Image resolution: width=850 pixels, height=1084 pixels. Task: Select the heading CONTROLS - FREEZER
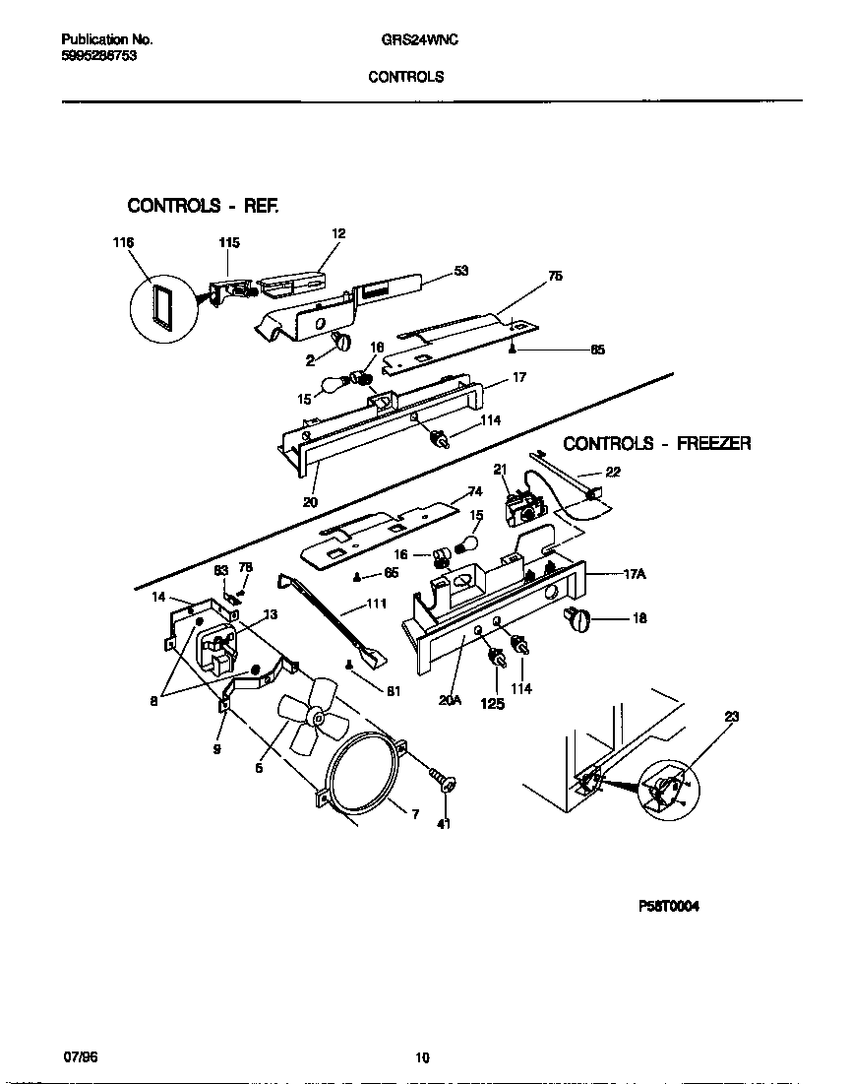(656, 444)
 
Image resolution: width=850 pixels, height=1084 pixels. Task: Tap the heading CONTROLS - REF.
(204, 206)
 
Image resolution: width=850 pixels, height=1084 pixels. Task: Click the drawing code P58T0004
(669, 908)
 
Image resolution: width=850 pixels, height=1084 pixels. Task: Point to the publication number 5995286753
(98, 57)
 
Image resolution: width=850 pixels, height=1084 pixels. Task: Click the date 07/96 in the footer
(80, 1055)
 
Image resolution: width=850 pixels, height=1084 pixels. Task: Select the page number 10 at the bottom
(422, 1058)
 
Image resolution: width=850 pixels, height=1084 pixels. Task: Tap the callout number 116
(123, 242)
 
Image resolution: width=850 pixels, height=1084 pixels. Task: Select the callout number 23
(731, 717)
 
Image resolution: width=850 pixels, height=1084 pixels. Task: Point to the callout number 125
(491, 704)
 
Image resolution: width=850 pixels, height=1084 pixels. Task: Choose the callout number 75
(555, 277)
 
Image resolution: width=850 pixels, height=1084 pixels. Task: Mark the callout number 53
(460, 271)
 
